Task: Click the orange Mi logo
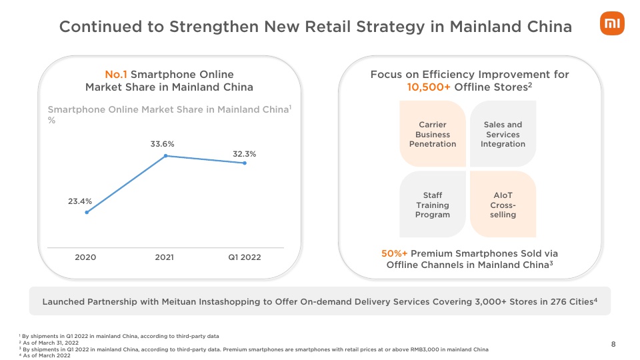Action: coord(612,23)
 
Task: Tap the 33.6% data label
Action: coord(162,144)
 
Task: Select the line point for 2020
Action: coord(87,212)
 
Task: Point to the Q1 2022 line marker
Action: coord(245,163)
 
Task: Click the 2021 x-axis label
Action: coord(164,257)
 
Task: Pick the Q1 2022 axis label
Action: coord(244,257)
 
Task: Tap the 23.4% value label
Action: coord(80,201)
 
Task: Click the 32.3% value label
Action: coord(244,154)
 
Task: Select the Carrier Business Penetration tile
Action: coord(433,134)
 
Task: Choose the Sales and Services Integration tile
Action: coord(503,134)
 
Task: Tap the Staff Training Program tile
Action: coord(433,205)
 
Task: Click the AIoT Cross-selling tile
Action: coord(503,205)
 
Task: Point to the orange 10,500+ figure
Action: coord(429,87)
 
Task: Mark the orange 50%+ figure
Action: coord(394,253)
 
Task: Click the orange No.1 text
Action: coord(116,74)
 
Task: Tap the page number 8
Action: coord(613,344)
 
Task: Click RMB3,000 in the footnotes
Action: coord(413,349)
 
